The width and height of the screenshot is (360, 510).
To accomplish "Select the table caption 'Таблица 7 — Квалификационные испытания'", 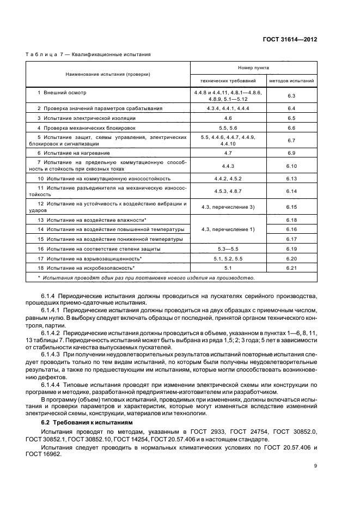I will [x=88, y=54].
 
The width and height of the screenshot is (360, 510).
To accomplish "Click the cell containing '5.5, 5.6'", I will [x=228, y=127].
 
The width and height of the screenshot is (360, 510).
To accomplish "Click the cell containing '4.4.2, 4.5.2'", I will [x=228, y=178].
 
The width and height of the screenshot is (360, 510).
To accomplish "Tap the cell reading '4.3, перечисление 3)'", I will [x=228, y=207].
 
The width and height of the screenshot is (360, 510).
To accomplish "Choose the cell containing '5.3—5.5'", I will [x=228, y=248].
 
